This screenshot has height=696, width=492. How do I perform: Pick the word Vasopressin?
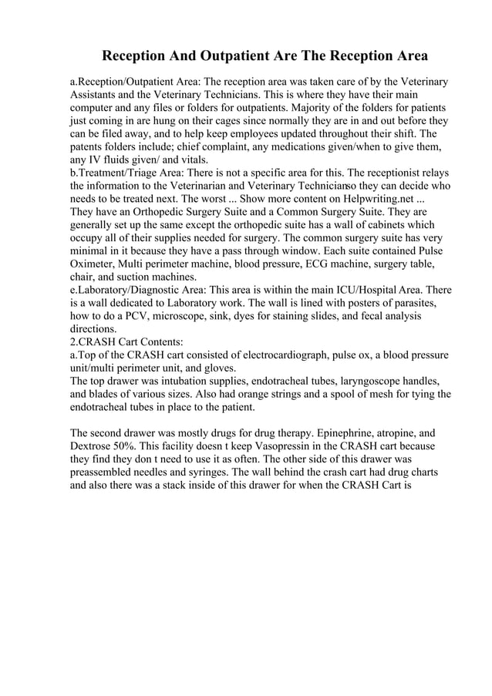click(294, 446)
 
